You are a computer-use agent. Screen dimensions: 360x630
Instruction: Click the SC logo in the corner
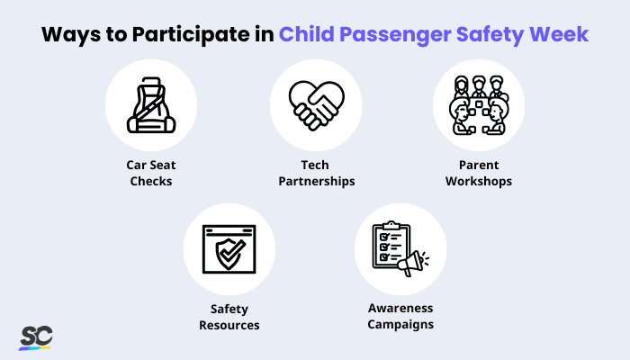coord(36,337)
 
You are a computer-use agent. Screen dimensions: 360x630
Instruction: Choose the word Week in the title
coord(568,35)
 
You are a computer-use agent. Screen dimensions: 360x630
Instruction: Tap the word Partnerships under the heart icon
coord(314,181)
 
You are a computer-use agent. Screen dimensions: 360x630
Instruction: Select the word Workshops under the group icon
coord(478,181)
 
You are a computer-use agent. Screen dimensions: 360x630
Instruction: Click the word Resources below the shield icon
coord(229,324)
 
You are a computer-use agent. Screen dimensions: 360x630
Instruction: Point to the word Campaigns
coord(400,324)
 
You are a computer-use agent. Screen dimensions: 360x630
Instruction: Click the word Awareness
coord(400,309)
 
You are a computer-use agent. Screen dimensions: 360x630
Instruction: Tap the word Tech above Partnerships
coord(314,166)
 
